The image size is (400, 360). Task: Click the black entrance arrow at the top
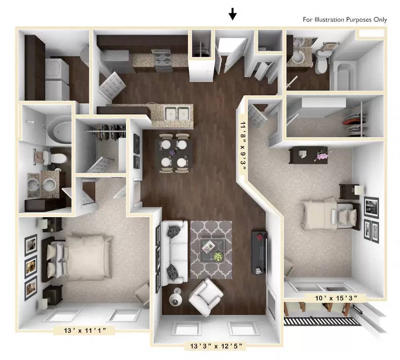232,15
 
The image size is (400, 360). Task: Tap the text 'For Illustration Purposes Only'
344,20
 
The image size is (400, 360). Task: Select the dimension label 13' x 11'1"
84,330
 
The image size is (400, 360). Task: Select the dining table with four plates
174,152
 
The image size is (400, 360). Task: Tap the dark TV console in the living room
259,252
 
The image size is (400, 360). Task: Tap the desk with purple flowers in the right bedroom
309,155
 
